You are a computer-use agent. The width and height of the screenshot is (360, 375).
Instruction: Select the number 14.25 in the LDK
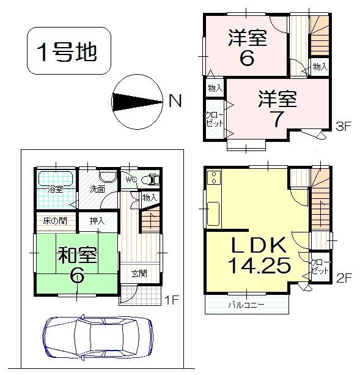(257, 266)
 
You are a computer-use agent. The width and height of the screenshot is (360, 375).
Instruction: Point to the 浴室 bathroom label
(56, 189)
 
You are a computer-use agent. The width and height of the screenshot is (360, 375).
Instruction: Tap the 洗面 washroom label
(97, 189)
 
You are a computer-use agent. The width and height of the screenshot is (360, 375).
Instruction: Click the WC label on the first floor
(130, 180)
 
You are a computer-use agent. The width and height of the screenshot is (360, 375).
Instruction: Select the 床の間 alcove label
(55, 220)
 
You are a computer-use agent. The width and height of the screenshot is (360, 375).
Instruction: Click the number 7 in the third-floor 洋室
(277, 119)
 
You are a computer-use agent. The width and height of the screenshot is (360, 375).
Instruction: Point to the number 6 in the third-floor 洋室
(248, 59)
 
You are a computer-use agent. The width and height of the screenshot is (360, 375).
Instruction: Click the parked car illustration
(98, 336)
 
